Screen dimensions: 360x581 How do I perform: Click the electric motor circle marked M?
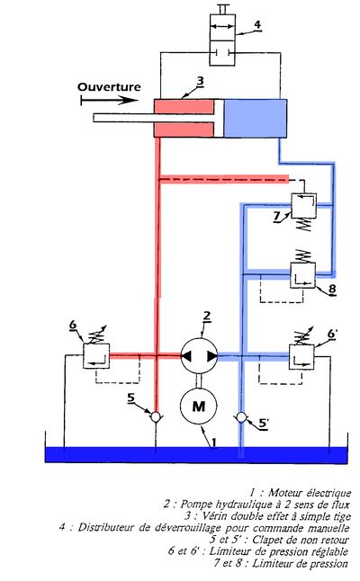point(199,406)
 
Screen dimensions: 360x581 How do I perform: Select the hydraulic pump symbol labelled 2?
point(199,356)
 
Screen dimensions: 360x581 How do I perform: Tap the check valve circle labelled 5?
point(156,417)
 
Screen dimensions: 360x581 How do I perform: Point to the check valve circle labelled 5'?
point(241,417)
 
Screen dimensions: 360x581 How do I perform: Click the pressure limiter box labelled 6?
point(96,356)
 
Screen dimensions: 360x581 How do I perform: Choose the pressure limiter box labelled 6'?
point(301,357)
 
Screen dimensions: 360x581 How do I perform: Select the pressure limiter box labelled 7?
point(304,205)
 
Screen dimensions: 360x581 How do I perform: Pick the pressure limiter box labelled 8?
point(302,275)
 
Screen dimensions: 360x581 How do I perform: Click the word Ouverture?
point(109,87)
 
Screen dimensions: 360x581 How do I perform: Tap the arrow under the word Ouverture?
point(110,100)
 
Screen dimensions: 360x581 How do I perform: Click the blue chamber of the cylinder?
point(255,118)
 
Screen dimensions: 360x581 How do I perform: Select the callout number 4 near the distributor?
point(256,24)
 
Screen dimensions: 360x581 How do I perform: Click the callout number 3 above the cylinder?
point(200,80)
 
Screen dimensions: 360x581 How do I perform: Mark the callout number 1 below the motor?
point(214,442)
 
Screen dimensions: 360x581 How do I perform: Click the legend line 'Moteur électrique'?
point(300,493)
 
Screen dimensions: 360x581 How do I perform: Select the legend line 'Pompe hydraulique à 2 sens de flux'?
point(256,505)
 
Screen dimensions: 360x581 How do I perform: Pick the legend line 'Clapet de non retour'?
point(279,540)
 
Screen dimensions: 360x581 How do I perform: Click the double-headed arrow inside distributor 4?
point(222,26)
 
